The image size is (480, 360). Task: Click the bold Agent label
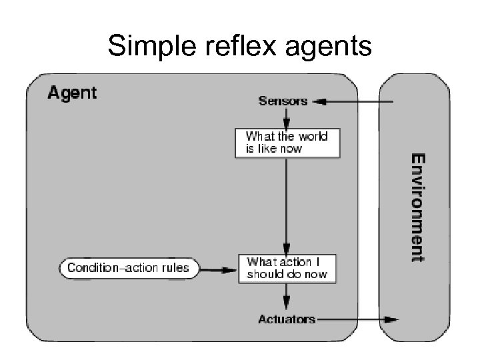coord(72,93)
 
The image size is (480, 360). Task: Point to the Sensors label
coord(283,101)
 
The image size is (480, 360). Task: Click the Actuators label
coord(287,319)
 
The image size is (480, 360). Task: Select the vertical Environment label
coord(417,207)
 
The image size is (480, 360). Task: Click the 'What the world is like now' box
coord(286,143)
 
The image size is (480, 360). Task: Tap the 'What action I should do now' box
coord(287,269)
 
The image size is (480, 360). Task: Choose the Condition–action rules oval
coord(129,269)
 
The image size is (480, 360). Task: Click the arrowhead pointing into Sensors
coord(318,102)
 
